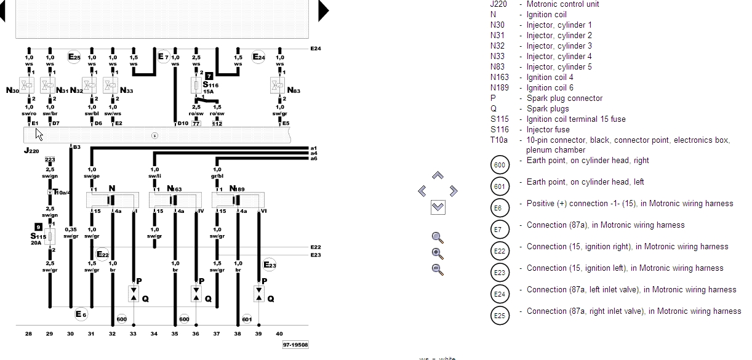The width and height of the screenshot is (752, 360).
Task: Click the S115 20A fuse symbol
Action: point(50,237)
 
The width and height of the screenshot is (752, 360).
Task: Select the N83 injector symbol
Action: point(280,86)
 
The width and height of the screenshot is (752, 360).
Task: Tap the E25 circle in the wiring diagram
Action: point(74,57)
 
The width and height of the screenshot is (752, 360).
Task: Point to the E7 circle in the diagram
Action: point(162,57)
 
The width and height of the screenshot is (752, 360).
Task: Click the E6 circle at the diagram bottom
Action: point(81,315)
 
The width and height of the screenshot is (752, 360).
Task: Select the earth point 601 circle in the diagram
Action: point(247,319)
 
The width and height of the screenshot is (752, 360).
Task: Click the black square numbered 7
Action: point(209,76)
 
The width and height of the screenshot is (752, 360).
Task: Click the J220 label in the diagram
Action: point(32,151)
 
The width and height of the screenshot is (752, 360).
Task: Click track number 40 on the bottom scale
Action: point(279,334)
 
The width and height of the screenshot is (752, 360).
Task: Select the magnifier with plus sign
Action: point(438,254)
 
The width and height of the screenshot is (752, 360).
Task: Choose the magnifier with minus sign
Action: point(438,269)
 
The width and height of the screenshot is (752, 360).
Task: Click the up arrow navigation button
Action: point(438,176)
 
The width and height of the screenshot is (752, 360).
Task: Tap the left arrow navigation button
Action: point(422,191)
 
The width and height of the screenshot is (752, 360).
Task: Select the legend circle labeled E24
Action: point(500,294)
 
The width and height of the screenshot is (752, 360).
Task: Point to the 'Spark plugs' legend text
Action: point(548,109)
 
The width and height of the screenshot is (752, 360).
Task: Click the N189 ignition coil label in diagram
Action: point(238,188)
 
